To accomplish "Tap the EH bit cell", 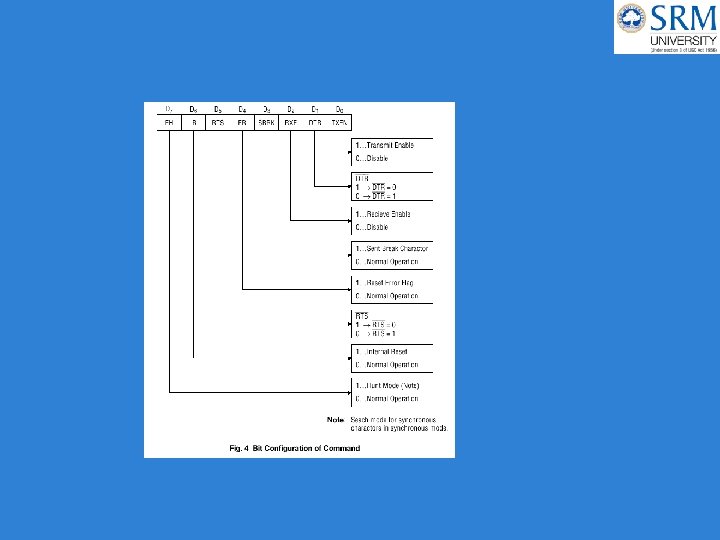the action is pyautogui.click(x=169, y=122).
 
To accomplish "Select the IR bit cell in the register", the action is pyautogui.click(x=193, y=122).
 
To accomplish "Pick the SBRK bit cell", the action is pyautogui.click(x=266, y=122).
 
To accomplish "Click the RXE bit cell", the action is pyautogui.click(x=291, y=122).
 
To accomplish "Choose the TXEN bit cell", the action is pyautogui.click(x=340, y=122).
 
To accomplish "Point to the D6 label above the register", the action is pyautogui.click(x=193, y=108).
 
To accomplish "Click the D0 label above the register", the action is pyautogui.click(x=340, y=108).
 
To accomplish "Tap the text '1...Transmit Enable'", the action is pyautogui.click(x=385, y=145).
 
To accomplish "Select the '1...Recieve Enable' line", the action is pyautogui.click(x=384, y=214).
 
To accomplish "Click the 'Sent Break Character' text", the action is pyautogui.click(x=395, y=248).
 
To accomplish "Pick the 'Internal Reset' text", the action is pyautogui.click(x=386, y=351).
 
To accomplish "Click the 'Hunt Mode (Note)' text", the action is pyautogui.click(x=390, y=386).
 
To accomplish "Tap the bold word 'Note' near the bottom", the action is pyautogui.click(x=336, y=419).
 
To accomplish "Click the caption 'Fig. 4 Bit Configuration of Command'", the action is pyautogui.click(x=296, y=448).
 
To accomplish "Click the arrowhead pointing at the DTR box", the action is pyautogui.click(x=349, y=185).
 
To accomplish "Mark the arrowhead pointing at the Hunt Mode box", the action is pyautogui.click(x=349, y=392).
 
